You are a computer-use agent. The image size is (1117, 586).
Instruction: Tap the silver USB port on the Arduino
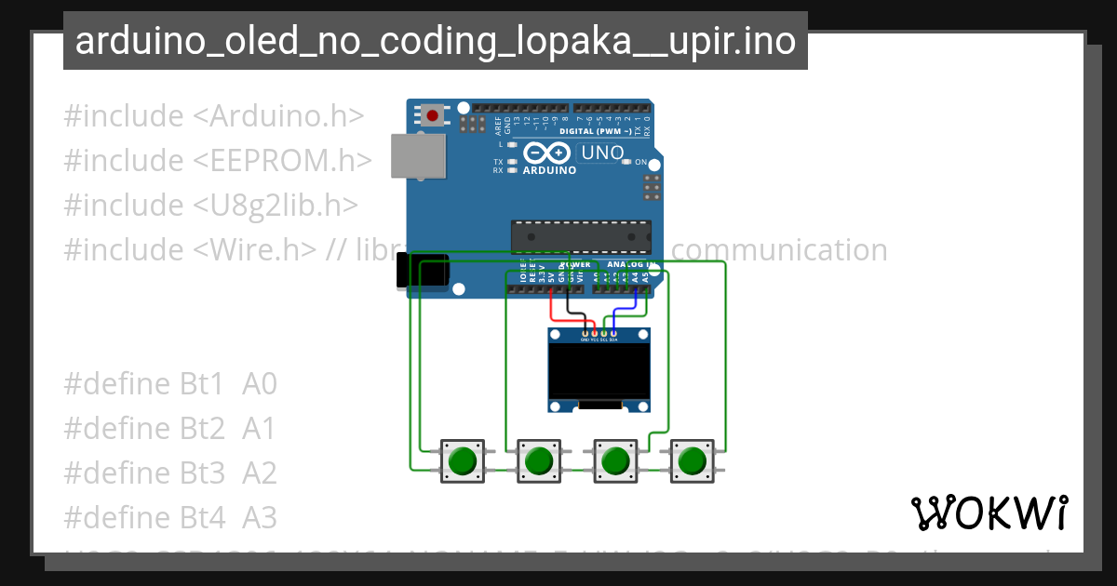click(417, 155)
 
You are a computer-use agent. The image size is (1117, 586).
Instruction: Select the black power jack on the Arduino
click(421, 271)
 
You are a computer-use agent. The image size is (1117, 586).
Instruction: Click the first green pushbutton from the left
click(462, 460)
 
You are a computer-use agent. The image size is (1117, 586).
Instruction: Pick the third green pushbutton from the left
click(614, 460)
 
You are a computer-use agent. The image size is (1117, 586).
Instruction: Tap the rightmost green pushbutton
click(692, 460)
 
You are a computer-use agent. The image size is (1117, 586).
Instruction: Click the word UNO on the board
click(602, 153)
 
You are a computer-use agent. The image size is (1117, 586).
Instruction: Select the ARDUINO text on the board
click(549, 170)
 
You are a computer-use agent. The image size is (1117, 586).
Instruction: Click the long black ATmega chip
click(581, 236)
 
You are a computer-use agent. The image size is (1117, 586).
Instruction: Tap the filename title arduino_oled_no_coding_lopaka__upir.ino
click(435, 42)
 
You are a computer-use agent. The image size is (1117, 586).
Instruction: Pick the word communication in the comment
click(779, 249)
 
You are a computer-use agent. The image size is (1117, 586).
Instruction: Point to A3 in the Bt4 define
click(260, 517)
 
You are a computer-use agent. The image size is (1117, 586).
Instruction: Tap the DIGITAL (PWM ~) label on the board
click(595, 131)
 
